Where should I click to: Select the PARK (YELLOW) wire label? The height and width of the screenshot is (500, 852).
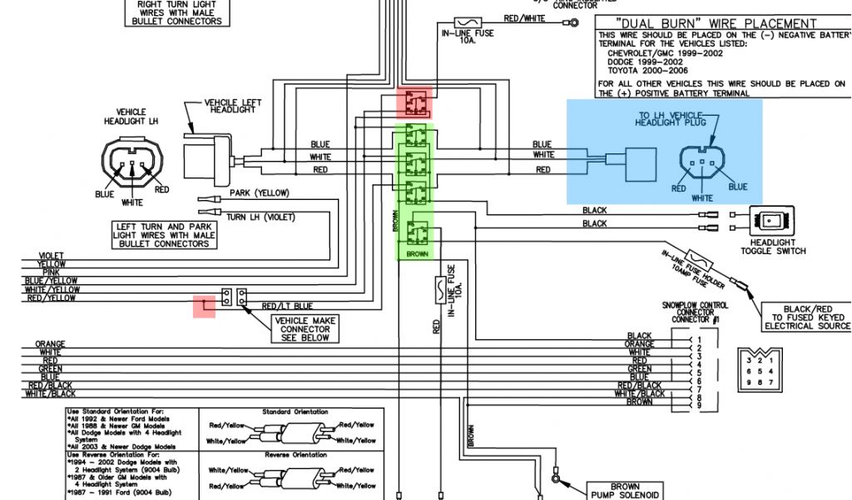pos(260,193)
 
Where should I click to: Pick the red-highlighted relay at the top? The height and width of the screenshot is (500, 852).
pos(414,103)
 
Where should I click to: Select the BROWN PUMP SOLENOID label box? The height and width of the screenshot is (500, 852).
pos(625,491)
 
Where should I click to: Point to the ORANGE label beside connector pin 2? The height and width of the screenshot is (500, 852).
pos(640,344)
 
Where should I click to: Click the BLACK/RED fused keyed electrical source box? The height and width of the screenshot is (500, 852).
pos(807,317)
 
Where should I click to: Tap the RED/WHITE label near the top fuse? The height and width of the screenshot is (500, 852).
pos(525,18)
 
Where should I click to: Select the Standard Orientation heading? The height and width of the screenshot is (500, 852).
pos(294,412)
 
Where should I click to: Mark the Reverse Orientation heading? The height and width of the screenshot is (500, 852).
pos(294,455)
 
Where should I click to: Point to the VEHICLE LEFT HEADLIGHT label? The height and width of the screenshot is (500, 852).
pos(233,107)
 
